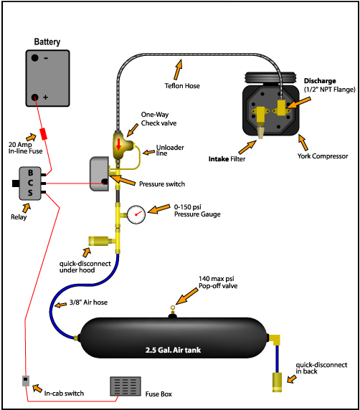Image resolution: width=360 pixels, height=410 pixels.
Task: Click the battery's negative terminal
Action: click(35, 58)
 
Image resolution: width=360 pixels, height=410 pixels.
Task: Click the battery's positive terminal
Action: click(35, 97)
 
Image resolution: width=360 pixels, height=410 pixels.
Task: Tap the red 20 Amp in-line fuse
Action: click(44, 134)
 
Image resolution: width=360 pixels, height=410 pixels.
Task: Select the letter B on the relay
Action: click(31, 173)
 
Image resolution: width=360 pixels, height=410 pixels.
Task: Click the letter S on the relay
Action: click(30, 193)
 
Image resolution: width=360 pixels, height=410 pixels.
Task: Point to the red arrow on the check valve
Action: click(118, 144)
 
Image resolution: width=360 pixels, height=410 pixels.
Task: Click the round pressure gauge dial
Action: click(136, 214)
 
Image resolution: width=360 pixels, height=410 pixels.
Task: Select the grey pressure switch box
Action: click(100, 174)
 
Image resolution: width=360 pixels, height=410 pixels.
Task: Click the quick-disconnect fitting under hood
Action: click(98, 241)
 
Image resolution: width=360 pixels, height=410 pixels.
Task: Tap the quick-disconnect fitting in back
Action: click(277, 382)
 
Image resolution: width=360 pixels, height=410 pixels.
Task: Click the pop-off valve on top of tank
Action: click(173, 311)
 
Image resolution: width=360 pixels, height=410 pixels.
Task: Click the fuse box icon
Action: click(125, 386)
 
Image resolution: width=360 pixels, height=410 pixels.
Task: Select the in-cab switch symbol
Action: click(26, 381)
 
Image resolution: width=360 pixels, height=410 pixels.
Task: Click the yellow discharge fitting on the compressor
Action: click(282, 108)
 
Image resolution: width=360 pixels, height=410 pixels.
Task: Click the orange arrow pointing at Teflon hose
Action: click(178, 70)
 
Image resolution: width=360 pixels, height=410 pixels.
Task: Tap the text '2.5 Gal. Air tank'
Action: click(174, 350)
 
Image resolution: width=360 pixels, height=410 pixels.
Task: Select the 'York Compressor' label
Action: click(323, 156)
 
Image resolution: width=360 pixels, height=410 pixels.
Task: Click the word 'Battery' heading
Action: click(47, 42)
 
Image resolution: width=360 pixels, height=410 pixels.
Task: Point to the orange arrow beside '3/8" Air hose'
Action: click(61, 305)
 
